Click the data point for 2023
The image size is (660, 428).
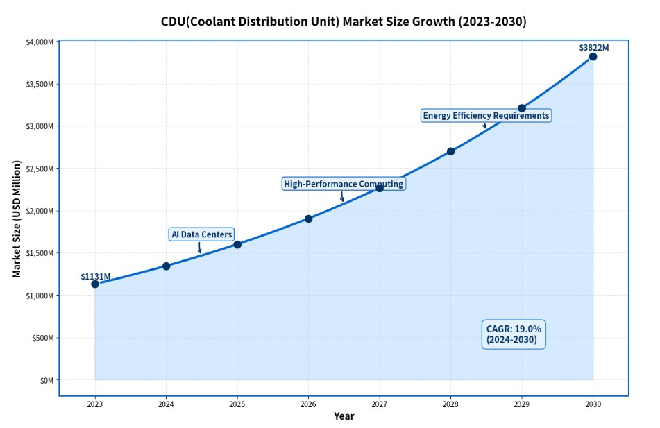click(95, 284)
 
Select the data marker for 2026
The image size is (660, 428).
click(308, 219)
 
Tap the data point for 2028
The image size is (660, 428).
click(450, 151)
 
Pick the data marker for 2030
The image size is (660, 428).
click(593, 57)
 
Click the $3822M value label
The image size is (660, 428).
click(593, 47)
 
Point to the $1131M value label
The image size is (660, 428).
click(95, 276)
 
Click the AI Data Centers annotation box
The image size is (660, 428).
click(201, 234)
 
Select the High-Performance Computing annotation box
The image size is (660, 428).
click(343, 184)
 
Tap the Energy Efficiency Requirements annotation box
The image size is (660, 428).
click(486, 115)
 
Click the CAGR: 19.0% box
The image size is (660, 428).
click(514, 334)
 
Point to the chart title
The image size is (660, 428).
click(344, 22)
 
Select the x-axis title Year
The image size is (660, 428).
click(344, 416)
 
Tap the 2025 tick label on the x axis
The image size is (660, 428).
click(237, 404)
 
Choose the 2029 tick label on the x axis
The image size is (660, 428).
click(521, 404)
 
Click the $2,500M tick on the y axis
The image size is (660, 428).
click(40, 169)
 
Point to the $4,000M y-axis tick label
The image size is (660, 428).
click(40, 42)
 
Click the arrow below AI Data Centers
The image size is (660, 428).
click(200, 248)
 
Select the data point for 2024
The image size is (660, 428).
click(166, 266)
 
